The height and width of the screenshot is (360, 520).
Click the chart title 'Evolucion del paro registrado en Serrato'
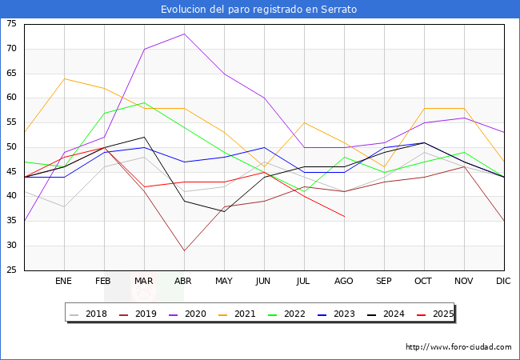point(259,10)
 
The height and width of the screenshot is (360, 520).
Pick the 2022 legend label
point(294,314)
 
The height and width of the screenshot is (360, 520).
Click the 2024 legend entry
point(393,314)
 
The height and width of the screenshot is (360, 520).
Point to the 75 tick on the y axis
point(11,24)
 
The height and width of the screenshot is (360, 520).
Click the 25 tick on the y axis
point(11,270)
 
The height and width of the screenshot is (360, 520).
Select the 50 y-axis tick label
point(11,147)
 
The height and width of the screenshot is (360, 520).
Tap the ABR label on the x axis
point(184,282)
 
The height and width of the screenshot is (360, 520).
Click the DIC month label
point(504,282)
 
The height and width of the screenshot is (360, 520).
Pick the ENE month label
point(64,282)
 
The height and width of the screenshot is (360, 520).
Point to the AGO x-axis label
point(344,282)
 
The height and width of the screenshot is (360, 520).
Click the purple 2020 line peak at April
point(184,34)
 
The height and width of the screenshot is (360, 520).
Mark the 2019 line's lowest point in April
point(184,250)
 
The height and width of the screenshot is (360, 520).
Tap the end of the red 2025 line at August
point(344,216)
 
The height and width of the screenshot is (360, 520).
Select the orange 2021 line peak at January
point(64,78)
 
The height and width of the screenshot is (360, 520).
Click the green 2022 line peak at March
point(144,102)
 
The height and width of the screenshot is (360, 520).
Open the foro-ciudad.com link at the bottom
point(458,347)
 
